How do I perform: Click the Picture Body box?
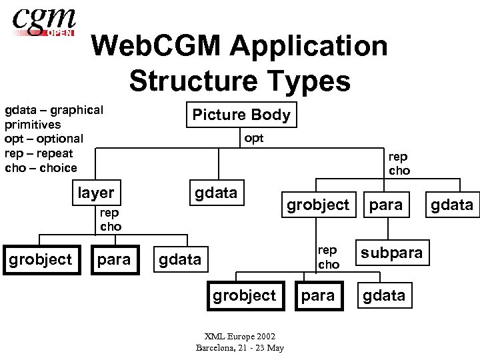pyautogui.click(x=241, y=115)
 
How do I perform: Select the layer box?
pyautogui.click(x=96, y=193)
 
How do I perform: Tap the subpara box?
pyautogui.click(x=391, y=253)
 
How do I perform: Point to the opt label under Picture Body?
pyautogui.click(x=254, y=138)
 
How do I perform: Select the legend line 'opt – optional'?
pyautogui.click(x=44, y=139)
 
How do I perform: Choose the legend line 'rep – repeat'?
pyautogui.click(x=39, y=153)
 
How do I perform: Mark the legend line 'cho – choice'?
pyautogui.click(x=41, y=168)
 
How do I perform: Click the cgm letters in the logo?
pyautogui.click(x=41, y=19)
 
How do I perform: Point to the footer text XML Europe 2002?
pyautogui.click(x=240, y=337)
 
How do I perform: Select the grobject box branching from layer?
pyautogui.click(x=40, y=259)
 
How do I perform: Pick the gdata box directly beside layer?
pyautogui.click(x=215, y=193)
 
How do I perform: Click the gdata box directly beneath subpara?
pyautogui.click(x=383, y=295)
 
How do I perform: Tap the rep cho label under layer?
pyautogui.click(x=111, y=220)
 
